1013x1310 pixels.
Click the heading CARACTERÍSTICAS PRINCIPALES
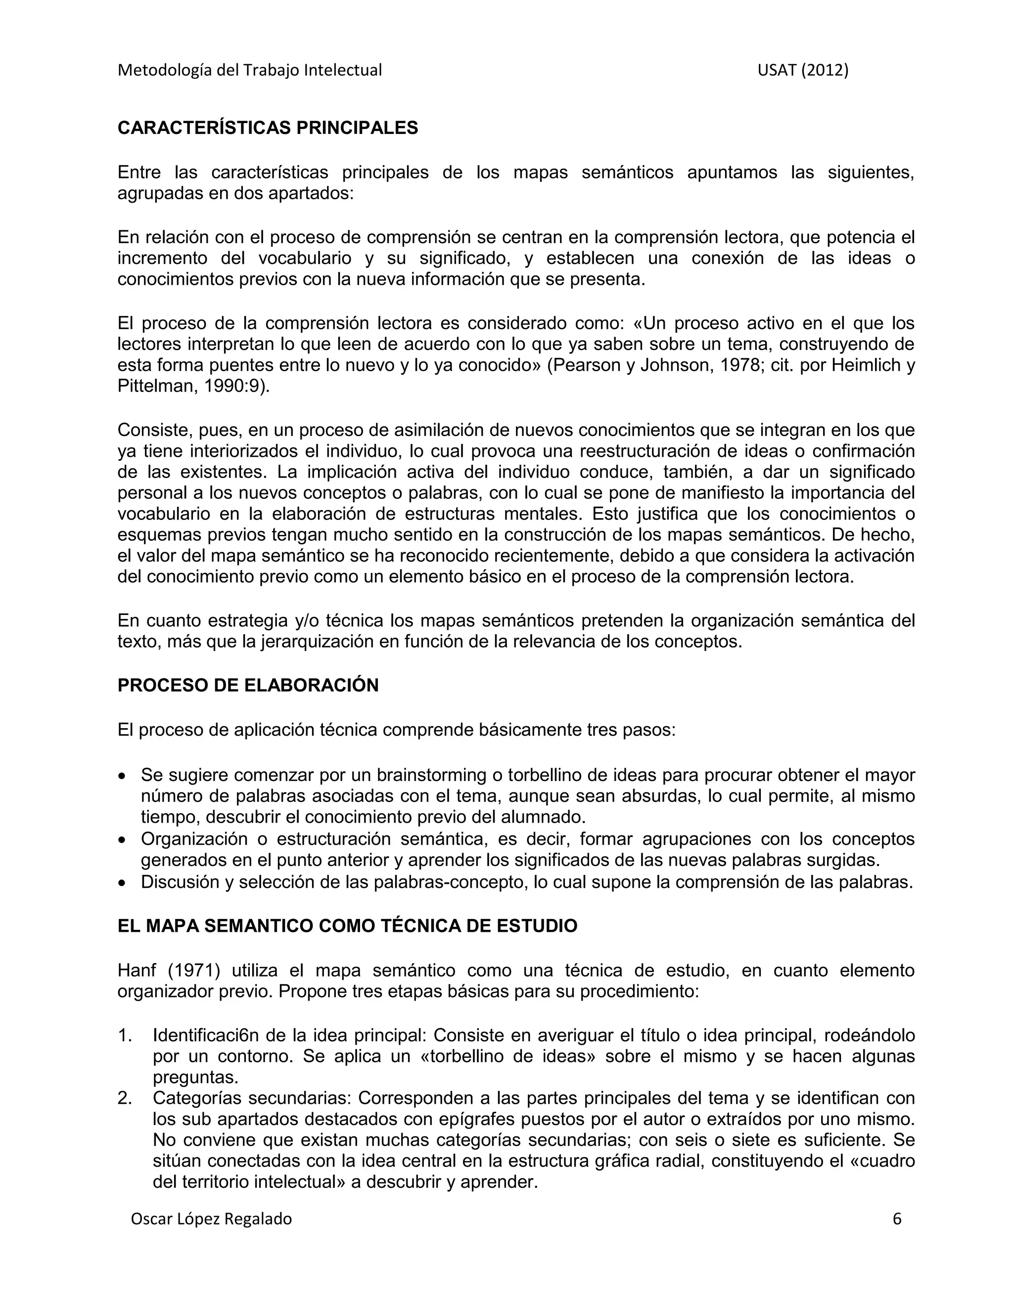pyautogui.click(x=268, y=129)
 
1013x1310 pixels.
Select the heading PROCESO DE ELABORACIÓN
pyautogui.click(x=248, y=686)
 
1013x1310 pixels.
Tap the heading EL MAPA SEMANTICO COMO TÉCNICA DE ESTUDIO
pyautogui.click(x=347, y=926)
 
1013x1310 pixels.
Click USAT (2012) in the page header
pyautogui.click(x=802, y=71)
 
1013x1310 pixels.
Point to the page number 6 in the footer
pyautogui.click(x=897, y=1219)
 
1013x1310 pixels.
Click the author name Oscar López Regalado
pyautogui.click(x=211, y=1220)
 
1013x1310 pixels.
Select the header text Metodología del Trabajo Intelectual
pyautogui.click(x=250, y=71)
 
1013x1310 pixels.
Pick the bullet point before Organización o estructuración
pyautogui.click(x=123, y=840)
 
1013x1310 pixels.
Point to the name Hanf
pyautogui.click(x=136, y=970)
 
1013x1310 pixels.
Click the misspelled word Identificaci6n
pyautogui.click(x=208, y=1035)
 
